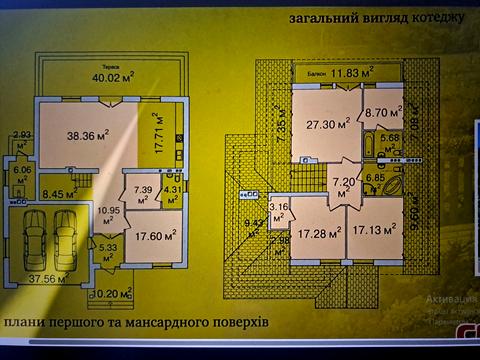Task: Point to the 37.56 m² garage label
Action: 42,280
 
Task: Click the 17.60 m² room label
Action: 156,236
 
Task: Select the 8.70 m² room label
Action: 382,115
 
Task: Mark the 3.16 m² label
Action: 280,209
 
